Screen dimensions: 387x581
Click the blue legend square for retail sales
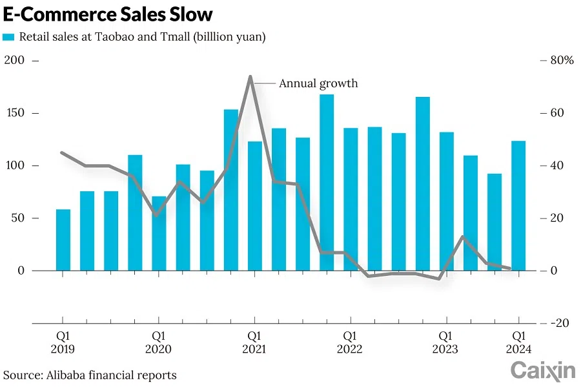(8, 37)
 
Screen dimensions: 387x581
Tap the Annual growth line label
(318, 83)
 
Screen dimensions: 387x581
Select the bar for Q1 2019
(63, 240)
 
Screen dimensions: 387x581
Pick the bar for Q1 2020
(159, 233)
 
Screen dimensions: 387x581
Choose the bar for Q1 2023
(447, 201)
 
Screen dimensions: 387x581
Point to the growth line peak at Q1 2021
(250, 77)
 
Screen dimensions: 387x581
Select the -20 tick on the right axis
(558, 323)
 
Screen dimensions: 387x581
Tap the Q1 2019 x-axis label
(62, 342)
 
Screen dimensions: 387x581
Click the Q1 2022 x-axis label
(350, 342)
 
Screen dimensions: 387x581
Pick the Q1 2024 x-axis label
(518, 342)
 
